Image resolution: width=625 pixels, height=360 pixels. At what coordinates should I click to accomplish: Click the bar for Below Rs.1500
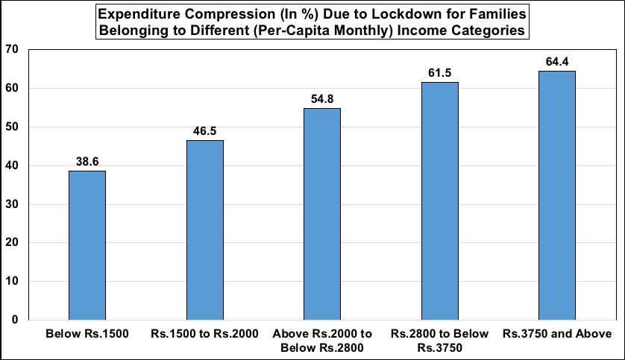pos(87,245)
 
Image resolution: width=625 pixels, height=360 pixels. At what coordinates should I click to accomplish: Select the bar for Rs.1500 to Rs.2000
pos(205,230)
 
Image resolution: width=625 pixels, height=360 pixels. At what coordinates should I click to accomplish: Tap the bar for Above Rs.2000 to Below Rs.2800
pos(322,214)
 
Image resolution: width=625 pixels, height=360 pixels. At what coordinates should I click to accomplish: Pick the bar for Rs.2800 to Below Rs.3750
pos(440,200)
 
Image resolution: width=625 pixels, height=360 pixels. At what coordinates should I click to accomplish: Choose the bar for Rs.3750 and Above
pos(557,195)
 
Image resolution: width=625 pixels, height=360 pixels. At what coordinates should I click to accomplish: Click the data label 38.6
pos(87,161)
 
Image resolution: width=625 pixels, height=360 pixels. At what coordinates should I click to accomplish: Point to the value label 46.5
pos(205,130)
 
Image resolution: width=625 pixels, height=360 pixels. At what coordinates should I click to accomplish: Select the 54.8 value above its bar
pos(322,98)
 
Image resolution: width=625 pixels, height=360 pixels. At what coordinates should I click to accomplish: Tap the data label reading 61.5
pos(440,72)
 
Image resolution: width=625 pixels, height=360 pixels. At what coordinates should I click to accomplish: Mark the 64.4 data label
pos(557,61)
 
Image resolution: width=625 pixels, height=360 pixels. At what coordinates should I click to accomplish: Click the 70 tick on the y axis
pos(12,50)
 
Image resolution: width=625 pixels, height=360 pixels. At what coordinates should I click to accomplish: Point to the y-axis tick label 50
pos(12,127)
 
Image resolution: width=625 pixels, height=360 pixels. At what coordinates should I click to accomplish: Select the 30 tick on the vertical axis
pos(12,204)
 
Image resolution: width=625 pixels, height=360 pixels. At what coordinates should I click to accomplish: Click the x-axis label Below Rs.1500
pos(87,333)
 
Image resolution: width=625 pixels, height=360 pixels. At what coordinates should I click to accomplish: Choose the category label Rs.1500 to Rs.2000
pos(205,333)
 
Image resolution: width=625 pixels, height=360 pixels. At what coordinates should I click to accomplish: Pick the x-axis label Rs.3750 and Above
pos(557,333)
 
